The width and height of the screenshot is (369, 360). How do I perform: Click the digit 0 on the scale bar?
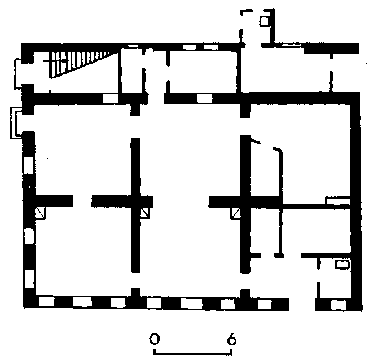click(x=155, y=339)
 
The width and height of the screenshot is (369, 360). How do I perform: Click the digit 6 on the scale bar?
click(x=232, y=339)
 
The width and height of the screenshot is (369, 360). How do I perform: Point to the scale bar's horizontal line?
click(x=193, y=353)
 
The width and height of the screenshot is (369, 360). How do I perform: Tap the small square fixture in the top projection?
click(x=264, y=21)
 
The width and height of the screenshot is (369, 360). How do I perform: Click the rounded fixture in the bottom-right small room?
click(x=342, y=264)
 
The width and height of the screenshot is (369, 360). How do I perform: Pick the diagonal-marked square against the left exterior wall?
click(x=40, y=213)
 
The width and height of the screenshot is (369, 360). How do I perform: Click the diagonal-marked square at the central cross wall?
click(x=145, y=213)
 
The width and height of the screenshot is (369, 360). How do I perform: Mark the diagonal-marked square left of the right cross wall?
click(x=235, y=213)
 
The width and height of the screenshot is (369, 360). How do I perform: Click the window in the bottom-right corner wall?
click(x=339, y=305)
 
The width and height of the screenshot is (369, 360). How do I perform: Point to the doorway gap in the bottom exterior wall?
click(x=302, y=305)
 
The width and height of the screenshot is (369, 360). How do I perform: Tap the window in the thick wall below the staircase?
click(x=111, y=98)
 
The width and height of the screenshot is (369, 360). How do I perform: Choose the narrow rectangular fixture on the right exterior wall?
click(x=338, y=200)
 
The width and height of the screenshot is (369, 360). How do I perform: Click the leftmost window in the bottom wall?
click(x=47, y=302)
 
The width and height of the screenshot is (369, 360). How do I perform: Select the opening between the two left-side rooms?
click(x=82, y=201)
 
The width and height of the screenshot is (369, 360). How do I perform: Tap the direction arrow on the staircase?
click(x=56, y=61)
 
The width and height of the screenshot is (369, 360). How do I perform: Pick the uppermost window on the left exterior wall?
click(x=29, y=165)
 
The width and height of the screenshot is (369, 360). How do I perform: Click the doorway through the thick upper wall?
click(x=156, y=98)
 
